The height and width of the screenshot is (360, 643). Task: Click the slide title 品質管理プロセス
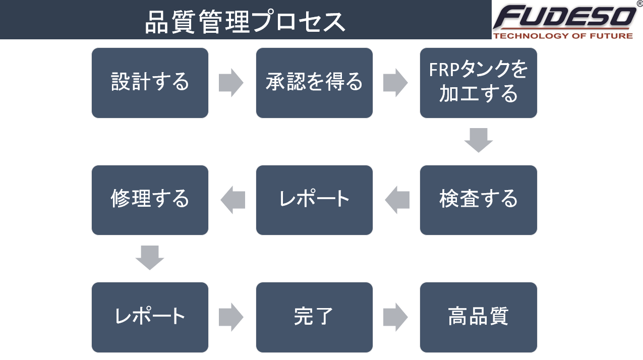[245, 22]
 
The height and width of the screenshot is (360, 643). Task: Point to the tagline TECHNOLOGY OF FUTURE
[563, 36]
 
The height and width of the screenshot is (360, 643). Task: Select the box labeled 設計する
[150, 83]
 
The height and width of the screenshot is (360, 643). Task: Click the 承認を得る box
[314, 83]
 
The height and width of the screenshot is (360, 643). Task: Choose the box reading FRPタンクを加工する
[479, 83]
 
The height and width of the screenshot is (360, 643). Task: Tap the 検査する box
[479, 200]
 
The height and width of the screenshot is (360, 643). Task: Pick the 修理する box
[150, 200]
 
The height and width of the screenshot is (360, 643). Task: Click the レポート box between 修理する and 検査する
[314, 200]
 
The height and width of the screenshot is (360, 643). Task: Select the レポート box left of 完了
[150, 317]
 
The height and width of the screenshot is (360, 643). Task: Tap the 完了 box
[314, 317]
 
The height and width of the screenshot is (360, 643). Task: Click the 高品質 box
[479, 317]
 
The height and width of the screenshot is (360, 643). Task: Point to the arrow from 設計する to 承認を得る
[231, 83]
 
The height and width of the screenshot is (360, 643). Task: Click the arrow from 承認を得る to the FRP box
[395, 83]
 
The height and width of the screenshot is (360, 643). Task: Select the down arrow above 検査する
[479, 140]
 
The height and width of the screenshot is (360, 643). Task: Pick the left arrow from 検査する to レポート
[397, 200]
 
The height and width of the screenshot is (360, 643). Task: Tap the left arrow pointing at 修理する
[233, 200]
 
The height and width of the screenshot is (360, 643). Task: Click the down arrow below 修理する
[150, 258]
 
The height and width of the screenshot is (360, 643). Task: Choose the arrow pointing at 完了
[231, 317]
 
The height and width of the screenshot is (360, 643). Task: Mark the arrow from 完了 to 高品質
[395, 317]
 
